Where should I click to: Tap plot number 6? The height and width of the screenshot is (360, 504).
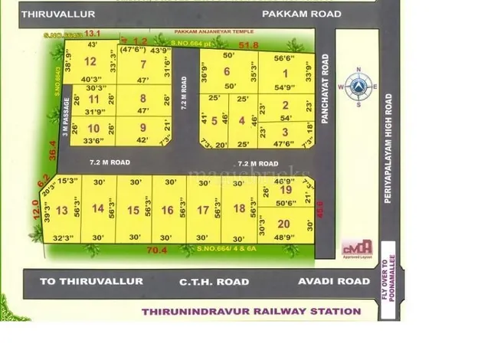click(x=227, y=71)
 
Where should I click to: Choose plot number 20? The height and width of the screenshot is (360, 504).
click(x=283, y=224)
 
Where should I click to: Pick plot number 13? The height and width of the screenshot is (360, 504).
click(x=63, y=210)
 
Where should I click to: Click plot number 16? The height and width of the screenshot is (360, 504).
click(x=167, y=210)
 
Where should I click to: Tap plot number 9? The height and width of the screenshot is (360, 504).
click(x=142, y=127)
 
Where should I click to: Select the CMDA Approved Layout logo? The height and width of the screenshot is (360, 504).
click(x=357, y=248)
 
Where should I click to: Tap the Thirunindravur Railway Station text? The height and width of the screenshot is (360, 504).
click(x=251, y=311)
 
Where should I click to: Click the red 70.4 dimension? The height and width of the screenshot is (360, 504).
click(x=157, y=250)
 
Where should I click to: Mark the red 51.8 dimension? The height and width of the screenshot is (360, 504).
click(x=249, y=47)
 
